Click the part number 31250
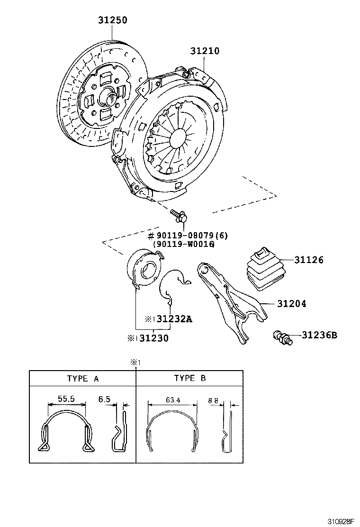[x=113, y=20]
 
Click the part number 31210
[x=205, y=51]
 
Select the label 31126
[x=309, y=260]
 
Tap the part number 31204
[x=291, y=304]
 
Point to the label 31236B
[x=319, y=336]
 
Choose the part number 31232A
[x=174, y=319]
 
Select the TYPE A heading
[x=83, y=378]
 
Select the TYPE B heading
[x=190, y=378]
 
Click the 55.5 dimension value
[x=66, y=399]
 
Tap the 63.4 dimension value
[x=172, y=400]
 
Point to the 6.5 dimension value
[x=104, y=399]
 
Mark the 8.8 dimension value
[x=213, y=400]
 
